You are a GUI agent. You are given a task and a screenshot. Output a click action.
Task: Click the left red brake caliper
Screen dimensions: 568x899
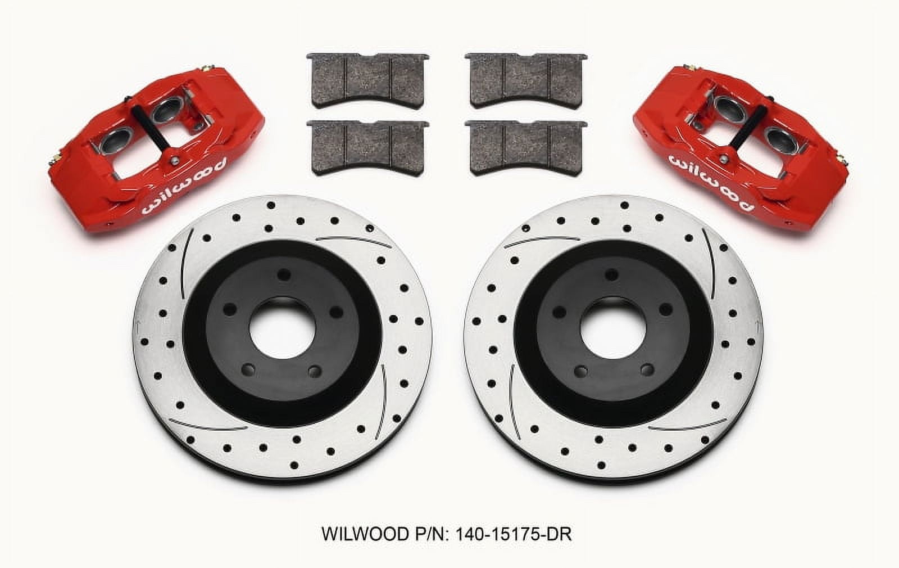pyautogui.click(x=140, y=152)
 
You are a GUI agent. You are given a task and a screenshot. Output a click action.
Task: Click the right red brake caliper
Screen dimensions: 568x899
pyautogui.click(x=759, y=152)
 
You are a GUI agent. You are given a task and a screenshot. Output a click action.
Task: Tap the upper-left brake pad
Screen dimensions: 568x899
pyautogui.click(x=368, y=78)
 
